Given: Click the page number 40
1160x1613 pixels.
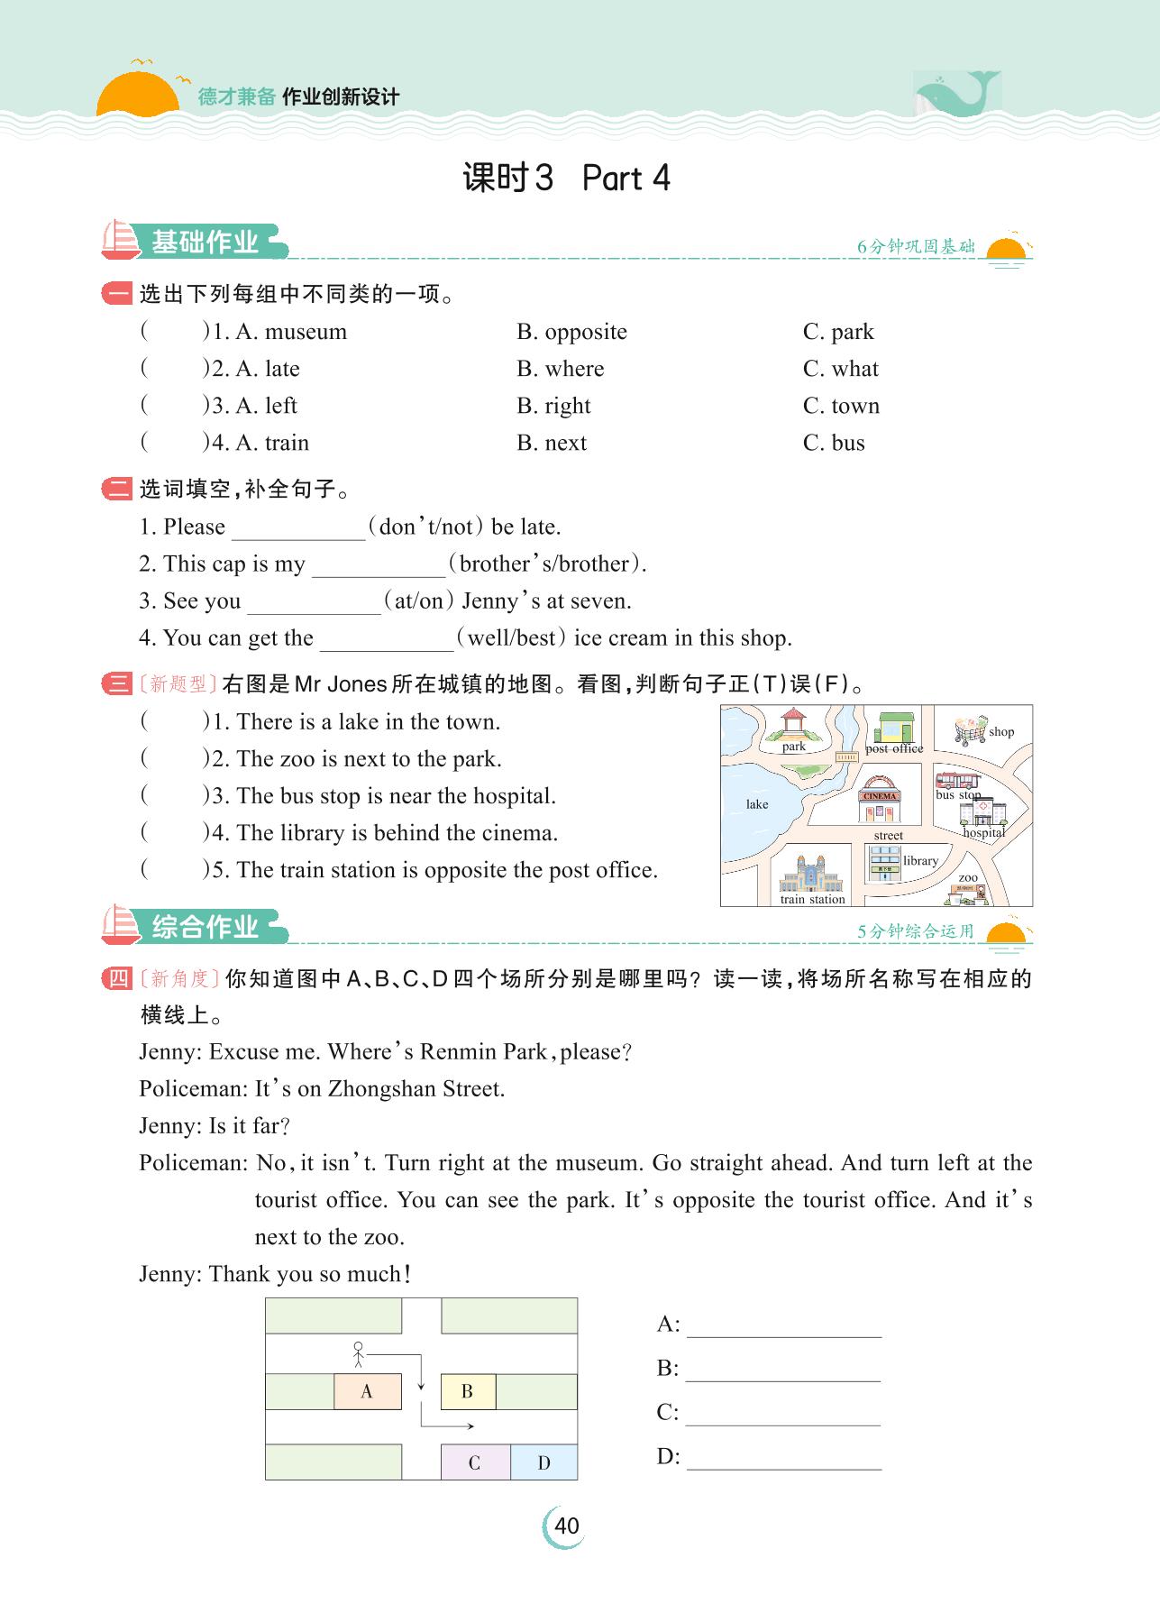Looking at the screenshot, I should (x=566, y=1526).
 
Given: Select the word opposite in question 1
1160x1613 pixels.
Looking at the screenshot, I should (x=585, y=332).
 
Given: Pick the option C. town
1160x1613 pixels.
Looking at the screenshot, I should (x=841, y=406).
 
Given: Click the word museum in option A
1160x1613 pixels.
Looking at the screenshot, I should (x=306, y=332).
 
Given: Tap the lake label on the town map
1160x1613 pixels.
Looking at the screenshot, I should (x=757, y=804).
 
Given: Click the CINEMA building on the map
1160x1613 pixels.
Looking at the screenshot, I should (x=880, y=802).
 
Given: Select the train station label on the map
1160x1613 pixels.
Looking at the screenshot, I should (x=813, y=899).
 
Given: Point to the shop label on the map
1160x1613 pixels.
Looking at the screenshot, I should (x=1001, y=731).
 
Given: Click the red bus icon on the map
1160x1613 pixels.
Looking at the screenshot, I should (x=957, y=780).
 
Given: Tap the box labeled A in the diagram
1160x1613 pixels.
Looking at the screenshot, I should (x=367, y=1391).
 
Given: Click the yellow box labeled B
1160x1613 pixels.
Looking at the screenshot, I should (x=468, y=1391).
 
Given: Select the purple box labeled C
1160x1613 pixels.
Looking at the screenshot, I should (x=475, y=1462).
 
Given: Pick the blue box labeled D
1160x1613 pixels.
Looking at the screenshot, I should (x=543, y=1462).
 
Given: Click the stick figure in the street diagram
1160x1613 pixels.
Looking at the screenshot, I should (x=359, y=1354).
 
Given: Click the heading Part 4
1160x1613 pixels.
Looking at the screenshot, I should (x=626, y=179).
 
